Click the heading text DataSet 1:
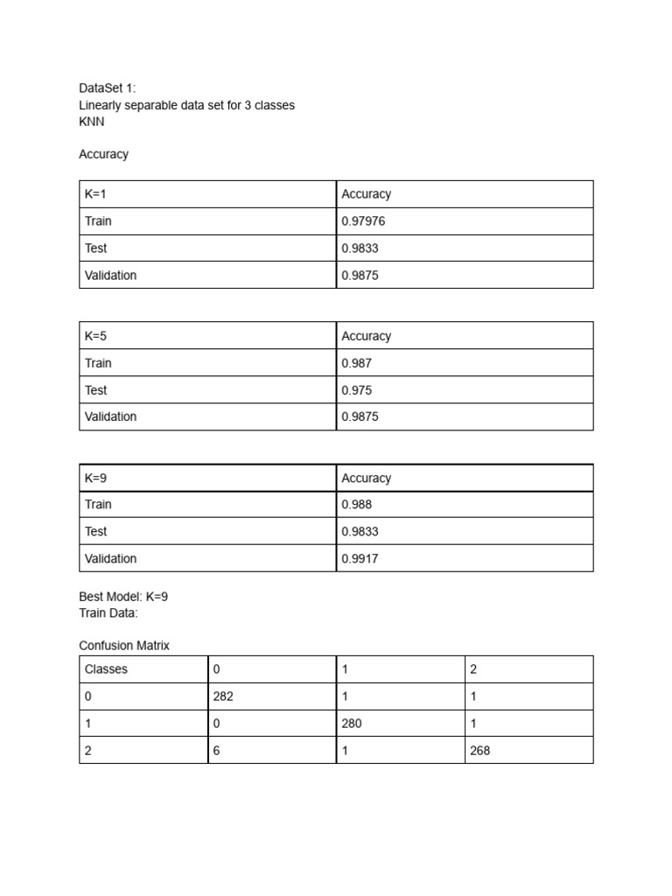pos(108,88)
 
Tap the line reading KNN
pos(91,122)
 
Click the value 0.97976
pos(363,221)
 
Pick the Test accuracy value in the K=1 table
pos(360,248)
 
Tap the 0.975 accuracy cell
pos(356,390)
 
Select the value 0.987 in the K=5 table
pos(356,363)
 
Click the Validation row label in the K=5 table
pos(110,416)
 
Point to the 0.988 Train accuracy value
pos(356,505)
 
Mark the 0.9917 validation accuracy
pos(360,558)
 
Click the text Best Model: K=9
pos(123,597)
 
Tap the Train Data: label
pos(108,612)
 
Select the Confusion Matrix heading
pos(124,646)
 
